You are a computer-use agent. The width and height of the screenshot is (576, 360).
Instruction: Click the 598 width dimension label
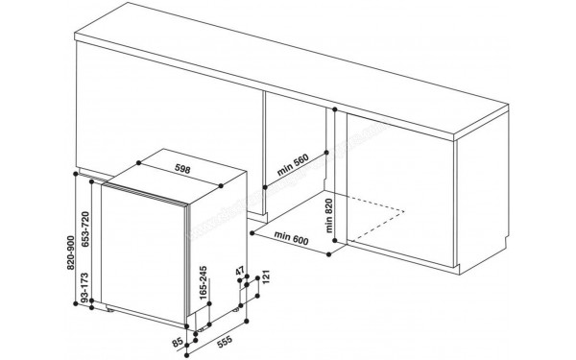[182, 169]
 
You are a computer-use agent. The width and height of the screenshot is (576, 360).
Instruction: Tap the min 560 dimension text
[293, 164]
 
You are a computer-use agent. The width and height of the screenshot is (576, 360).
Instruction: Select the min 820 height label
[328, 216]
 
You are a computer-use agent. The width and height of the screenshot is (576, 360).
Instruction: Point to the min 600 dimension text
[291, 238]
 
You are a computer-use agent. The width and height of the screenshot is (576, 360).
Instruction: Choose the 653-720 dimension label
[85, 228]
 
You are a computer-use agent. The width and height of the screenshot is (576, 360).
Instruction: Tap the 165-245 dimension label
[204, 283]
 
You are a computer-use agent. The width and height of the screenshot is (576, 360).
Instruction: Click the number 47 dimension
[240, 272]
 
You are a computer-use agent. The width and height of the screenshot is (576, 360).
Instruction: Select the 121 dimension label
[266, 276]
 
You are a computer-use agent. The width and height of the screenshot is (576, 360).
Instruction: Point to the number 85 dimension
[178, 343]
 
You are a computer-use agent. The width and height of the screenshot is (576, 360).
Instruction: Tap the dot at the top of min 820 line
[335, 109]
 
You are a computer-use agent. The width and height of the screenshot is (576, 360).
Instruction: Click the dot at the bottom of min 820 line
[335, 240]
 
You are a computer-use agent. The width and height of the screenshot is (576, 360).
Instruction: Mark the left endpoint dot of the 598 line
[138, 162]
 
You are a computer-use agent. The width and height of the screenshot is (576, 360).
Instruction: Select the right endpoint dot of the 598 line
[221, 186]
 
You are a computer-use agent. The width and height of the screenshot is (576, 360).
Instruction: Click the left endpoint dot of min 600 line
[252, 232]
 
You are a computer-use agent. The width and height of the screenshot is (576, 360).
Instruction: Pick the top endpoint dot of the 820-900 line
[76, 174]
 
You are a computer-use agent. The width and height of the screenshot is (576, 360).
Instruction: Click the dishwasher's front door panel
[143, 254]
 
